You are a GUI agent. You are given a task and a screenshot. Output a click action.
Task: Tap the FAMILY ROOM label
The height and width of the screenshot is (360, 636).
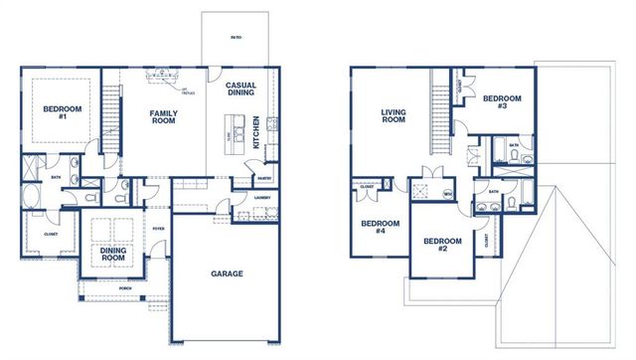[164, 118]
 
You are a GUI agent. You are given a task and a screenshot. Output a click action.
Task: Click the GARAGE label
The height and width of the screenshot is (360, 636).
[227, 273]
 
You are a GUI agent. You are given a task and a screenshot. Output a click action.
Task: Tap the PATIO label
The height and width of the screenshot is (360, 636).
[236, 38]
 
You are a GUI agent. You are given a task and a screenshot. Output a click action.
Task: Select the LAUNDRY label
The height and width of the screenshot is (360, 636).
[262, 197]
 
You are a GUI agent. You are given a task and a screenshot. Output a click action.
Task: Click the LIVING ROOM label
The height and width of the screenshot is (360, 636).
[394, 116]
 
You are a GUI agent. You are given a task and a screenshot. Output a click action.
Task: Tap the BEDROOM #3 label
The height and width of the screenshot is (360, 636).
[502, 102]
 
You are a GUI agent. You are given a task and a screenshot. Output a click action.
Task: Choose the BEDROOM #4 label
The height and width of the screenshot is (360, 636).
[373, 228]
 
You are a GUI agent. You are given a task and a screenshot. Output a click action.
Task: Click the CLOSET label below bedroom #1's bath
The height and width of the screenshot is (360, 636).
[51, 235]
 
